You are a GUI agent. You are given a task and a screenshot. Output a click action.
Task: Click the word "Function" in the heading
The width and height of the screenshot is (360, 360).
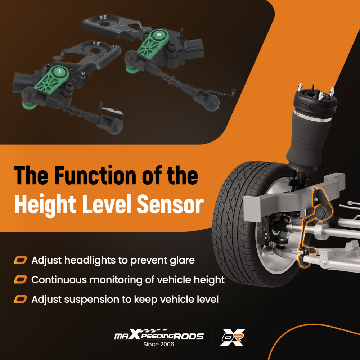point(95,176)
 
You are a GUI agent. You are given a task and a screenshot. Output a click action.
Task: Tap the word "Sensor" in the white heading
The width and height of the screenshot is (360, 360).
point(170,204)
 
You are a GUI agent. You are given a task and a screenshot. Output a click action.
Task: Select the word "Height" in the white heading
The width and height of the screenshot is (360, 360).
point(45,205)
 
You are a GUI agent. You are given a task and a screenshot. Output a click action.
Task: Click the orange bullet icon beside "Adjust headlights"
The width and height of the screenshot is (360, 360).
point(20,260)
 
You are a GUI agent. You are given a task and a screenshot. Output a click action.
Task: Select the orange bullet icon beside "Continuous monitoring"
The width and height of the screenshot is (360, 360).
point(20,280)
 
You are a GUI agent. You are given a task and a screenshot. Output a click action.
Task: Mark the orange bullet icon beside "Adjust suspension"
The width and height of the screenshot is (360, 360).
point(20,300)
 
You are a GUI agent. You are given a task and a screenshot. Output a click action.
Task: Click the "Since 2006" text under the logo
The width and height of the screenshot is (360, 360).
point(159,344)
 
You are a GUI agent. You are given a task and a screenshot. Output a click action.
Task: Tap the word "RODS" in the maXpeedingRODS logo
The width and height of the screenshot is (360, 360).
point(188,337)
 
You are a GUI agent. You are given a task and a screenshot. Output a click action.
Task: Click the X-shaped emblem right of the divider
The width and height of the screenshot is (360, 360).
point(232,337)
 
